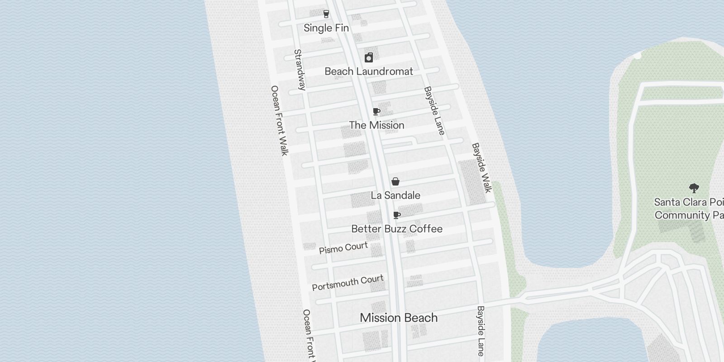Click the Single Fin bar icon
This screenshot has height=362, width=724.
(326, 14)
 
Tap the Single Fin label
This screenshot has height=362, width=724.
(326, 28)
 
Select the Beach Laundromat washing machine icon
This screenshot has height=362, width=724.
(369, 57)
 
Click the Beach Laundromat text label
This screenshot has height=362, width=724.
(369, 71)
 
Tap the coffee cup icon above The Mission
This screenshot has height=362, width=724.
(376, 111)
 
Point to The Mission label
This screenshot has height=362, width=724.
(376, 125)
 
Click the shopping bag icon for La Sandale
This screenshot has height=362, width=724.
(395, 181)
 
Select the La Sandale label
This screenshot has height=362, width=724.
(395, 195)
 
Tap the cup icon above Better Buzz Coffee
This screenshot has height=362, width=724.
(397, 215)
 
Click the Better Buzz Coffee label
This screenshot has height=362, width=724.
(397, 229)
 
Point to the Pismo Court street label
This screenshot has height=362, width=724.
(343, 248)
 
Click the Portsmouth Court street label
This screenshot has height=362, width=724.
(348, 283)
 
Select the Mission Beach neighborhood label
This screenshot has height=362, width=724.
(399, 318)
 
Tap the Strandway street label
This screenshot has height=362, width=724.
(300, 70)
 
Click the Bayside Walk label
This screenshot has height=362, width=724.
(481, 168)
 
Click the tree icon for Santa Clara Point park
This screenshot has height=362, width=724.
(694, 188)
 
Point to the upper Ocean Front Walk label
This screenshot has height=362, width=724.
(279, 120)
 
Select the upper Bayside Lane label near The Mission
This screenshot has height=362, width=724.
(434, 111)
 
